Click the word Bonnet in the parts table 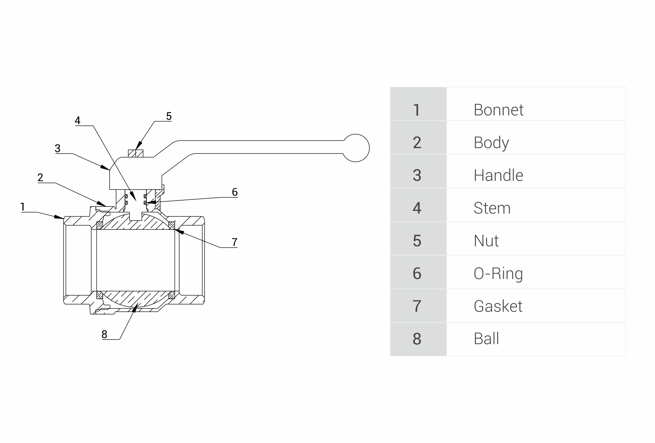pyautogui.click(x=498, y=110)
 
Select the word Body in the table pyautogui.click(x=491, y=143)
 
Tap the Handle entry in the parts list pyautogui.click(x=498, y=175)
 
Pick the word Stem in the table pyautogui.click(x=492, y=208)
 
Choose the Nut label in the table pyautogui.click(x=486, y=241)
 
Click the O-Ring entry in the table pyautogui.click(x=498, y=274)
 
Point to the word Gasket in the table pyautogui.click(x=498, y=306)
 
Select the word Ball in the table pyautogui.click(x=486, y=339)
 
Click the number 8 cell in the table pyautogui.click(x=417, y=339)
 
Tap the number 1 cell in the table pyautogui.click(x=417, y=110)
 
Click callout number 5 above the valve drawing pyautogui.click(x=169, y=116)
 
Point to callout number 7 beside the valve pyautogui.click(x=235, y=242)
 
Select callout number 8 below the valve pyautogui.click(x=104, y=334)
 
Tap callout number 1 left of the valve pyautogui.click(x=23, y=207)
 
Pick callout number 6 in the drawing pyautogui.click(x=235, y=192)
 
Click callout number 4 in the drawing pyautogui.click(x=78, y=120)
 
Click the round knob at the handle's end pyautogui.click(x=356, y=148)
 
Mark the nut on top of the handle pyautogui.click(x=136, y=154)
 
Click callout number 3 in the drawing pyautogui.click(x=58, y=148)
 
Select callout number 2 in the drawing pyautogui.click(x=40, y=177)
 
